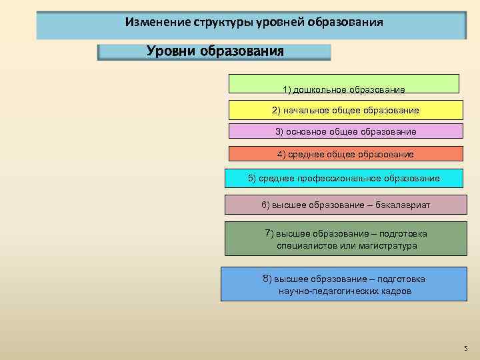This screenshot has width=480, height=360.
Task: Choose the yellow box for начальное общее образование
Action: point(345,110)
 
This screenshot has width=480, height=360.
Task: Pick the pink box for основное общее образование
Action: point(345,131)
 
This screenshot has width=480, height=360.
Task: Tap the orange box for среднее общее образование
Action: point(345,154)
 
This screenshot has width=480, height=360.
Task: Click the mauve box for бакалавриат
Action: point(345,205)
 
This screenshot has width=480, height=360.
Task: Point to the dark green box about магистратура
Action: point(346,239)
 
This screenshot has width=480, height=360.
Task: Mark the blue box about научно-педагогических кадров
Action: point(344,285)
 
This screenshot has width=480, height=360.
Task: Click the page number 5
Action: point(465,349)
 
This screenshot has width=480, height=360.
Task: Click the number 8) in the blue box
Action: point(267,279)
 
